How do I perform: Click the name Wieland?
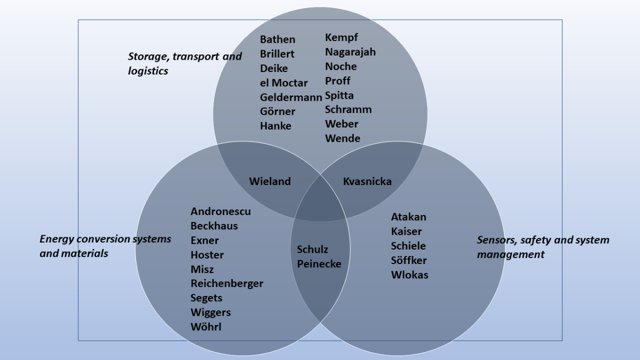click(x=270, y=181)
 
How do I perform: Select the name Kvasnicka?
click(x=367, y=181)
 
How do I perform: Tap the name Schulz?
click(x=313, y=249)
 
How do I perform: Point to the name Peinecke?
click(x=319, y=263)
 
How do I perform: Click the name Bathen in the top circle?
click(x=277, y=39)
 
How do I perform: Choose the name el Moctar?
click(x=284, y=83)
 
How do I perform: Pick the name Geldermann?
click(x=291, y=97)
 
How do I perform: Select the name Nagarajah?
click(x=350, y=52)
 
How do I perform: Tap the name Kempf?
click(x=341, y=37)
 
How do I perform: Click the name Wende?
click(x=342, y=138)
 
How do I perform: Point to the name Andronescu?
click(x=220, y=211)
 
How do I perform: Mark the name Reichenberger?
click(x=227, y=283)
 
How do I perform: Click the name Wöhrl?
click(x=206, y=326)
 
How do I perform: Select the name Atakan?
click(x=409, y=217)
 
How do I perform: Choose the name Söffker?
click(x=409, y=260)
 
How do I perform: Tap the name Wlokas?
click(x=410, y=275)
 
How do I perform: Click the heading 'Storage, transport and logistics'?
click(x=185, y=63)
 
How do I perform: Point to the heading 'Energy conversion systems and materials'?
click(x=105, y=246)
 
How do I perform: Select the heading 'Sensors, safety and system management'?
click(x=542, y=247)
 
